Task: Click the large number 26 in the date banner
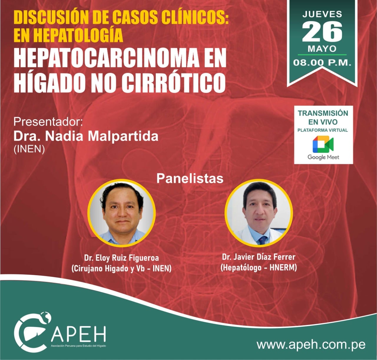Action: coord(322,31)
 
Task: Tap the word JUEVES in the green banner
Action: coord(322,14)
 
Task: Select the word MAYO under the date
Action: coord(322,49)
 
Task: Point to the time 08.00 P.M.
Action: coord(322,62)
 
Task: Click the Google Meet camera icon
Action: coord(323,144)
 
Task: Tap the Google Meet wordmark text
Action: coord(323,157)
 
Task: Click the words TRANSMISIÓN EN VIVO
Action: coord(323,117)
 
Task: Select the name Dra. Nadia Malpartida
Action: coord(86,136)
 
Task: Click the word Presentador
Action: coord(48,122)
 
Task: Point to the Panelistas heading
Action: coord(190,178)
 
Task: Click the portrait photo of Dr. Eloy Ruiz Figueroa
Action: coord(122,213)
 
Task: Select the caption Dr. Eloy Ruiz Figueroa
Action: coord(121,258)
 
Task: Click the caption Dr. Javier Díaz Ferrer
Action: coord(259,257)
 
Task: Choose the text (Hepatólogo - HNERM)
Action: coord(259,268)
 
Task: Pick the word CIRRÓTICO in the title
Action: coord(173,83)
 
